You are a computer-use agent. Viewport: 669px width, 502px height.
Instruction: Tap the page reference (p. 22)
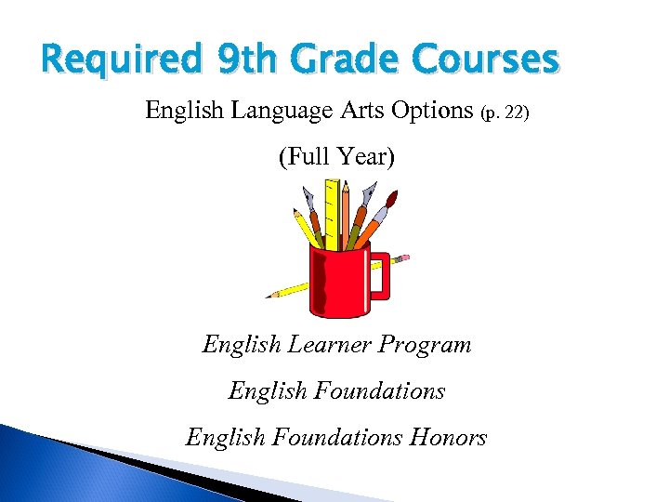[505, 113]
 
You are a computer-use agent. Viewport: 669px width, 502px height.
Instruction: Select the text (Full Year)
[336, 157]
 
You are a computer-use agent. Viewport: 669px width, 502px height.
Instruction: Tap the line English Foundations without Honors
[336, 391]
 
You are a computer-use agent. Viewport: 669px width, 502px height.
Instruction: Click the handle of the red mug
[381, 273]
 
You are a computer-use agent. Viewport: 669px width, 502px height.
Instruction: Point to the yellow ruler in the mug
[331, 209]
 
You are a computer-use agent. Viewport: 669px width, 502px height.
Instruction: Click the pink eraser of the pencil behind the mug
[404, 258]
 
